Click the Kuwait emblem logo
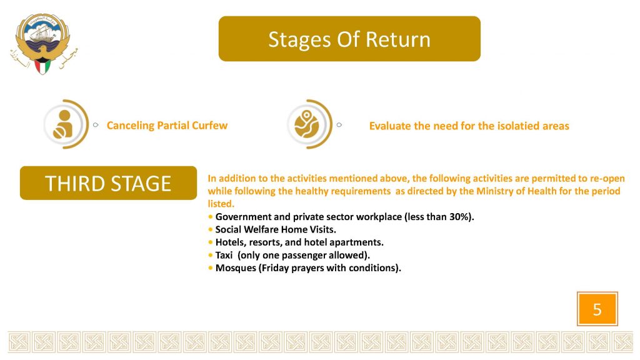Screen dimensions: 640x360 click(44, 44)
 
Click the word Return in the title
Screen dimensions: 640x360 click(398, 39)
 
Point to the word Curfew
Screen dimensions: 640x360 click(209, 125)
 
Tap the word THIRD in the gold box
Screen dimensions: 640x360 click(75, 183)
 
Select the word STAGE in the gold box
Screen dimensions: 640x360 click(141, 183)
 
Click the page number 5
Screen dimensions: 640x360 click(597, 309)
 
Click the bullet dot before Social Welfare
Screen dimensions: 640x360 click(210, 230)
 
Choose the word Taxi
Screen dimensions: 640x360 click(224, 255)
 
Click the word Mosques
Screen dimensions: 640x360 click(236, 268)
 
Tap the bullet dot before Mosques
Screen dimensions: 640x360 click(210, 268)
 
